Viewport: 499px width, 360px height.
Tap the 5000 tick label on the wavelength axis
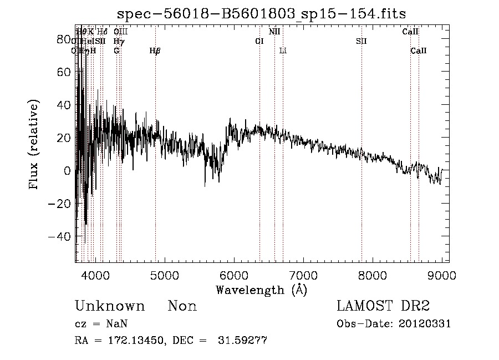point(164,275)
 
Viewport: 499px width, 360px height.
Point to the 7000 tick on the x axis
point(303,275)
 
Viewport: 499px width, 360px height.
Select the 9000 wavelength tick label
point(441,275)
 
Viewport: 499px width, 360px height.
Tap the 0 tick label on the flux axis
point(68,171)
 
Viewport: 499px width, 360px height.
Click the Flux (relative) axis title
point(34,145)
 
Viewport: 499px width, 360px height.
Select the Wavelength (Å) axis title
point(261,290)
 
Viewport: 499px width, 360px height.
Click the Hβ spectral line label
point(155,51)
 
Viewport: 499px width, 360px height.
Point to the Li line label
point(283,51)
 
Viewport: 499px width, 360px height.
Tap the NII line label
point(274,32)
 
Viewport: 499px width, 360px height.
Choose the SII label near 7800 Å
point(361,41)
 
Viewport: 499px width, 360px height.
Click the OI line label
point(259,41)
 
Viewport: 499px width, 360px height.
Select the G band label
point(116,51)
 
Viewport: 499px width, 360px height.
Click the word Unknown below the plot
point(110,306)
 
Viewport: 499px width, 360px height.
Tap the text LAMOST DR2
point(383,306)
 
